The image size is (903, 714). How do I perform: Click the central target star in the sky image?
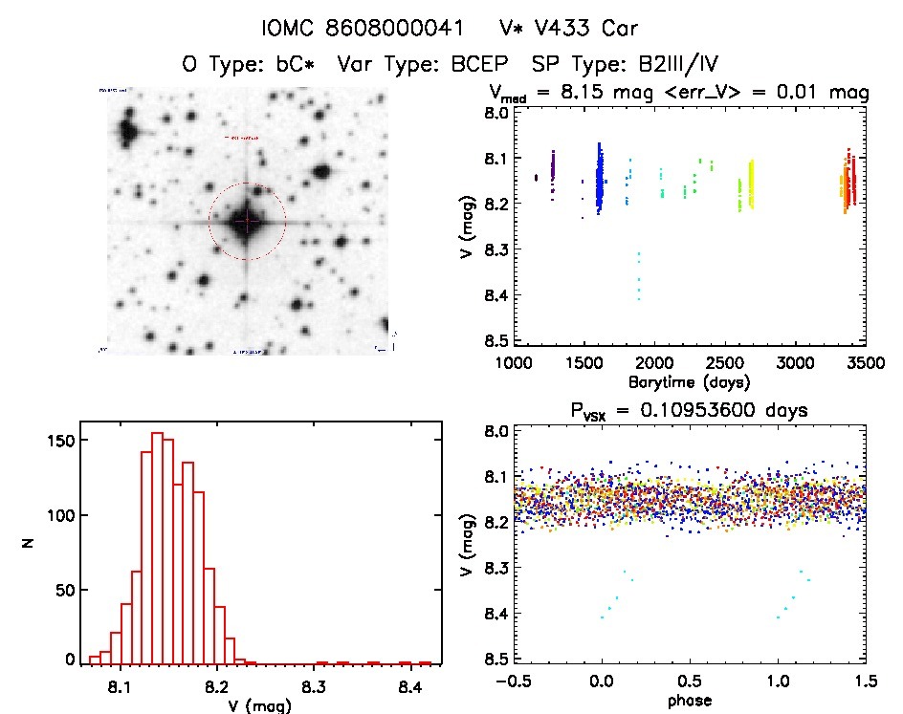click(x=247, y=222)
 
